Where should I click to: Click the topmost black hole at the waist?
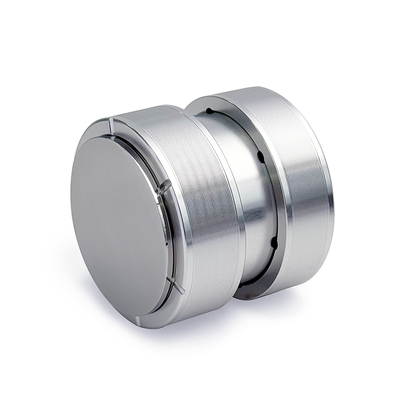pyautogui.click(x=209, y=110)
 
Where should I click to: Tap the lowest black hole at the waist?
pyautogui.click(x=274, y=243)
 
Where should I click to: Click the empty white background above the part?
pyautogui.click(x=203, y=41)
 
